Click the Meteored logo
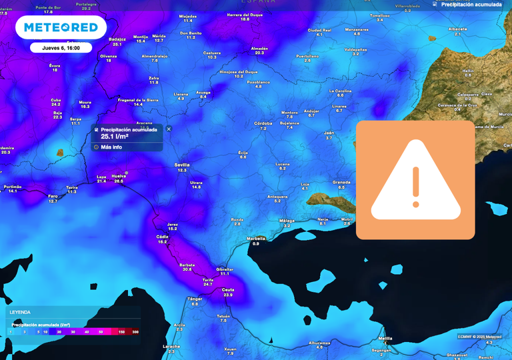click(x=61, y=27)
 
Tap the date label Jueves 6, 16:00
click(x=61, y=48)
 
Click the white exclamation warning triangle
click(x=415, y=183)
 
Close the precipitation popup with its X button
click(x=169, y=129)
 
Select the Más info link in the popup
click(x=111, y=147)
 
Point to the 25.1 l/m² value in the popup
click(x=115, y=137)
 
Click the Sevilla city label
click(x=181, y=164)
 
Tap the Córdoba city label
click(x=263, y=123)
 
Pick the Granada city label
click(x=341, y=182)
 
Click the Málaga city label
click(x=287, y=220)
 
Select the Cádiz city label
click(x=163, y=237)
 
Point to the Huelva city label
click(x=119, y=176)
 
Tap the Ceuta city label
click(x=228, y=289)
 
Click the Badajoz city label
click(x=117, y=39)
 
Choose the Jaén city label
click(x=329, y=133)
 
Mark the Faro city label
click(x=53, y=196)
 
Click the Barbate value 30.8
click(x=187, y=269)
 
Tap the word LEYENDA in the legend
click(x=20, y=312)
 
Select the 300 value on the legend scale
click(x=135, y=331)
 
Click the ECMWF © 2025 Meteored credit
click(x=480, y=336)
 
